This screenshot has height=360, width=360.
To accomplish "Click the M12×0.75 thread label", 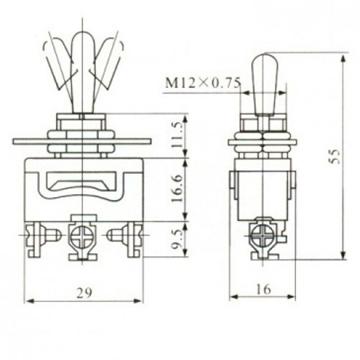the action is click(x=203, y=83).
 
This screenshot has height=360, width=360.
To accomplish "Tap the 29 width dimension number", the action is click(x=84, y=293).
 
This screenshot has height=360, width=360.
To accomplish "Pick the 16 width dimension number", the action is click(x=263, y=289).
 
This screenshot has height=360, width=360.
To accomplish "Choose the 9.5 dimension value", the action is click(x=178, y=239).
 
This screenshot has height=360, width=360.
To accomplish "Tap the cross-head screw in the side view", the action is click(x=262, y=237).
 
